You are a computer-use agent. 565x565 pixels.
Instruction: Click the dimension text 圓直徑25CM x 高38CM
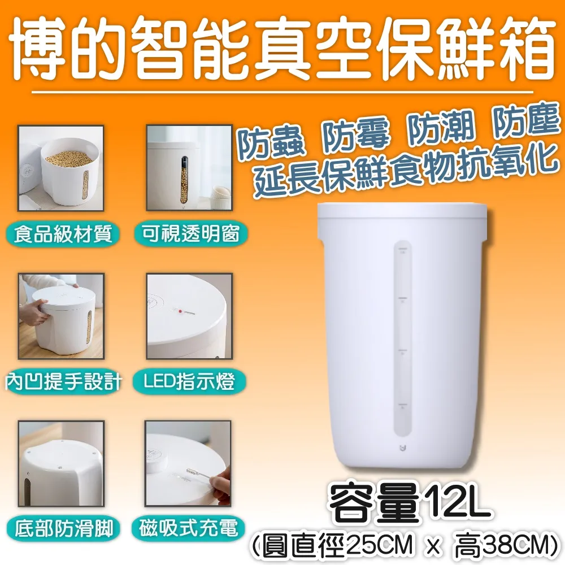pos(405,545)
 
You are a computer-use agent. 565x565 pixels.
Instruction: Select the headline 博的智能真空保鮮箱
pos(282,51)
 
